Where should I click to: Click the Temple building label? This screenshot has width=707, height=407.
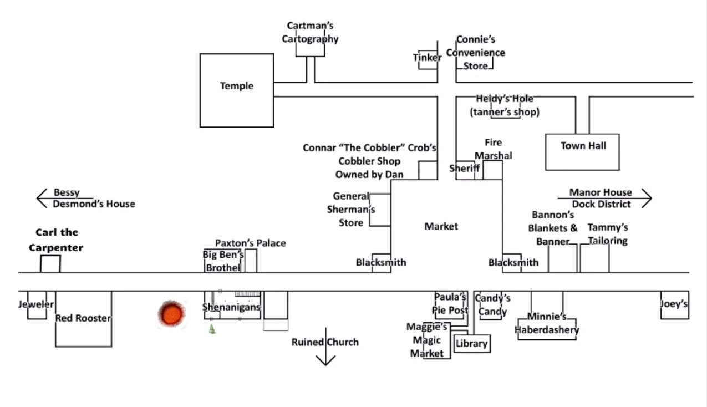(237, 86)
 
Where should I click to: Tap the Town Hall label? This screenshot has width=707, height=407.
(583, 146)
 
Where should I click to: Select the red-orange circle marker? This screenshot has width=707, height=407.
(170, 314)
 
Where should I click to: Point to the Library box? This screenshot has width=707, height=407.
(471, 344)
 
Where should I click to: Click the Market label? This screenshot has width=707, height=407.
(441, 226)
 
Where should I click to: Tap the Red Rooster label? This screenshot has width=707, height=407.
(83, 318)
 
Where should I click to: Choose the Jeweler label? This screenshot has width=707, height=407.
(36, 304)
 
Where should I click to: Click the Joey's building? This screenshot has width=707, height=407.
(674, 304)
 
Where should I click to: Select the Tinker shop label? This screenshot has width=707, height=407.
(427, 58)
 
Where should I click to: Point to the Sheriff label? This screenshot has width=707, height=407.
(465, 169)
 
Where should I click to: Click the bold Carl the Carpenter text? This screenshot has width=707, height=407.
(57, 240)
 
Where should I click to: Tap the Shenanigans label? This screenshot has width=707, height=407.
(231, 307)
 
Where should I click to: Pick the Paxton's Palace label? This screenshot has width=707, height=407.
(251, 243)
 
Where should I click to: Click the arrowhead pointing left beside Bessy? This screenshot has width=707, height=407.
(40, 198)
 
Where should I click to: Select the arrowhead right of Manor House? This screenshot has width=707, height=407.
(647, 198)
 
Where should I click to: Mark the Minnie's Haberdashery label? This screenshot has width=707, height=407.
(547, 324)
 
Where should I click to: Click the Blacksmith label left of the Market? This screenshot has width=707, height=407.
(381, 262)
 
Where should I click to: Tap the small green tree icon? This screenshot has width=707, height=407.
(212, 329)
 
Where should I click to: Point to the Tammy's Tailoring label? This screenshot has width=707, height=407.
(608, 234)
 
